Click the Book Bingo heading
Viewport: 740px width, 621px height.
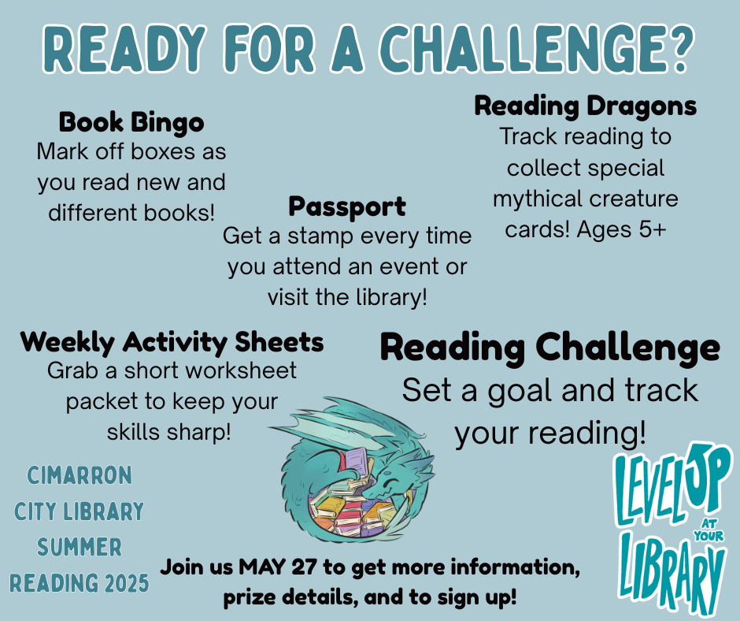pos(131,122)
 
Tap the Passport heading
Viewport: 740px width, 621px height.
pos(347,206)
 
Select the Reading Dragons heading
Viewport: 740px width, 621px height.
pos(585,106)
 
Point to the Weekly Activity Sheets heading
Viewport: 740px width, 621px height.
pos(172,342)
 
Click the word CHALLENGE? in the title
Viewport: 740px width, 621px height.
pos(536,49)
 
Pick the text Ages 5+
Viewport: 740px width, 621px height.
pos(622,230)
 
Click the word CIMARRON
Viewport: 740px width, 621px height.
pos(80,475)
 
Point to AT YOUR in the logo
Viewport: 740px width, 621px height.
pos(709,530)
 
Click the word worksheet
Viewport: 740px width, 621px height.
pos(241,370)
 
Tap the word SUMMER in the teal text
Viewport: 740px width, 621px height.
pos(80,547)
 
